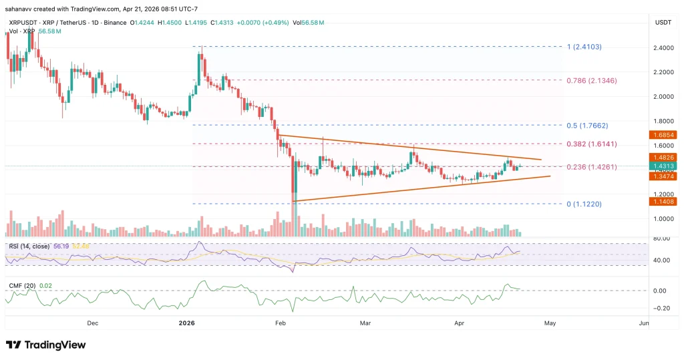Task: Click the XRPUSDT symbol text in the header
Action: [22, 23]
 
